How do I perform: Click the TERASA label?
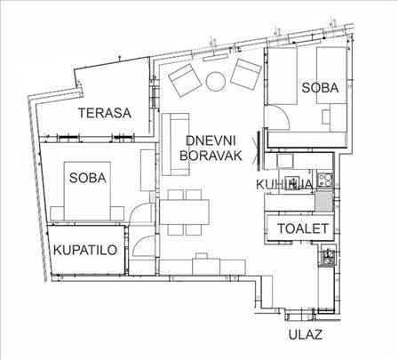(x=104, y=113)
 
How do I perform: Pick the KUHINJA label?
(x=282, y=184)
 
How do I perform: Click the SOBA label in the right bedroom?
(x=319, y=87)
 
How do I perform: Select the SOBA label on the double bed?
(x=86, y=178)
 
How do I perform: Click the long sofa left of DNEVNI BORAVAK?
(x=171, y=141)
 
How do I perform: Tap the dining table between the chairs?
(x=185, y=213)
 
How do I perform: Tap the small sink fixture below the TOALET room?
(x=327, y=259)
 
